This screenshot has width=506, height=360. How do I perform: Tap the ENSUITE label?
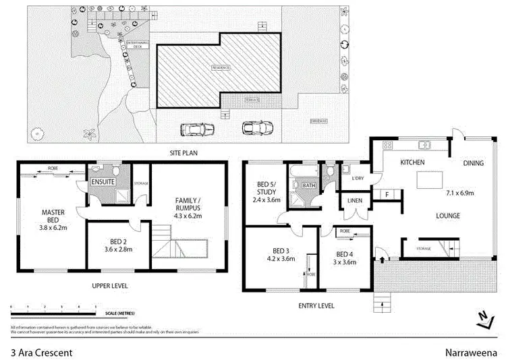coord(103,182)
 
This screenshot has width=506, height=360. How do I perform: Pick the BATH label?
coord(309,185)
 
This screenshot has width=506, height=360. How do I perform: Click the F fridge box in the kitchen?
coord(387,196)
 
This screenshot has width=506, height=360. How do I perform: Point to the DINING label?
coord(474,163)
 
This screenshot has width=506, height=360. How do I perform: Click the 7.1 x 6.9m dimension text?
coord(460,193)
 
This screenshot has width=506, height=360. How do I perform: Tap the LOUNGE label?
coord(447,216)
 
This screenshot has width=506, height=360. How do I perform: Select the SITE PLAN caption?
coord(182,154)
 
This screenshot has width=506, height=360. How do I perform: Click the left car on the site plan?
coord(194,129)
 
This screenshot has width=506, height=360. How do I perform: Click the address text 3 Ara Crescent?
coord(41,352)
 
